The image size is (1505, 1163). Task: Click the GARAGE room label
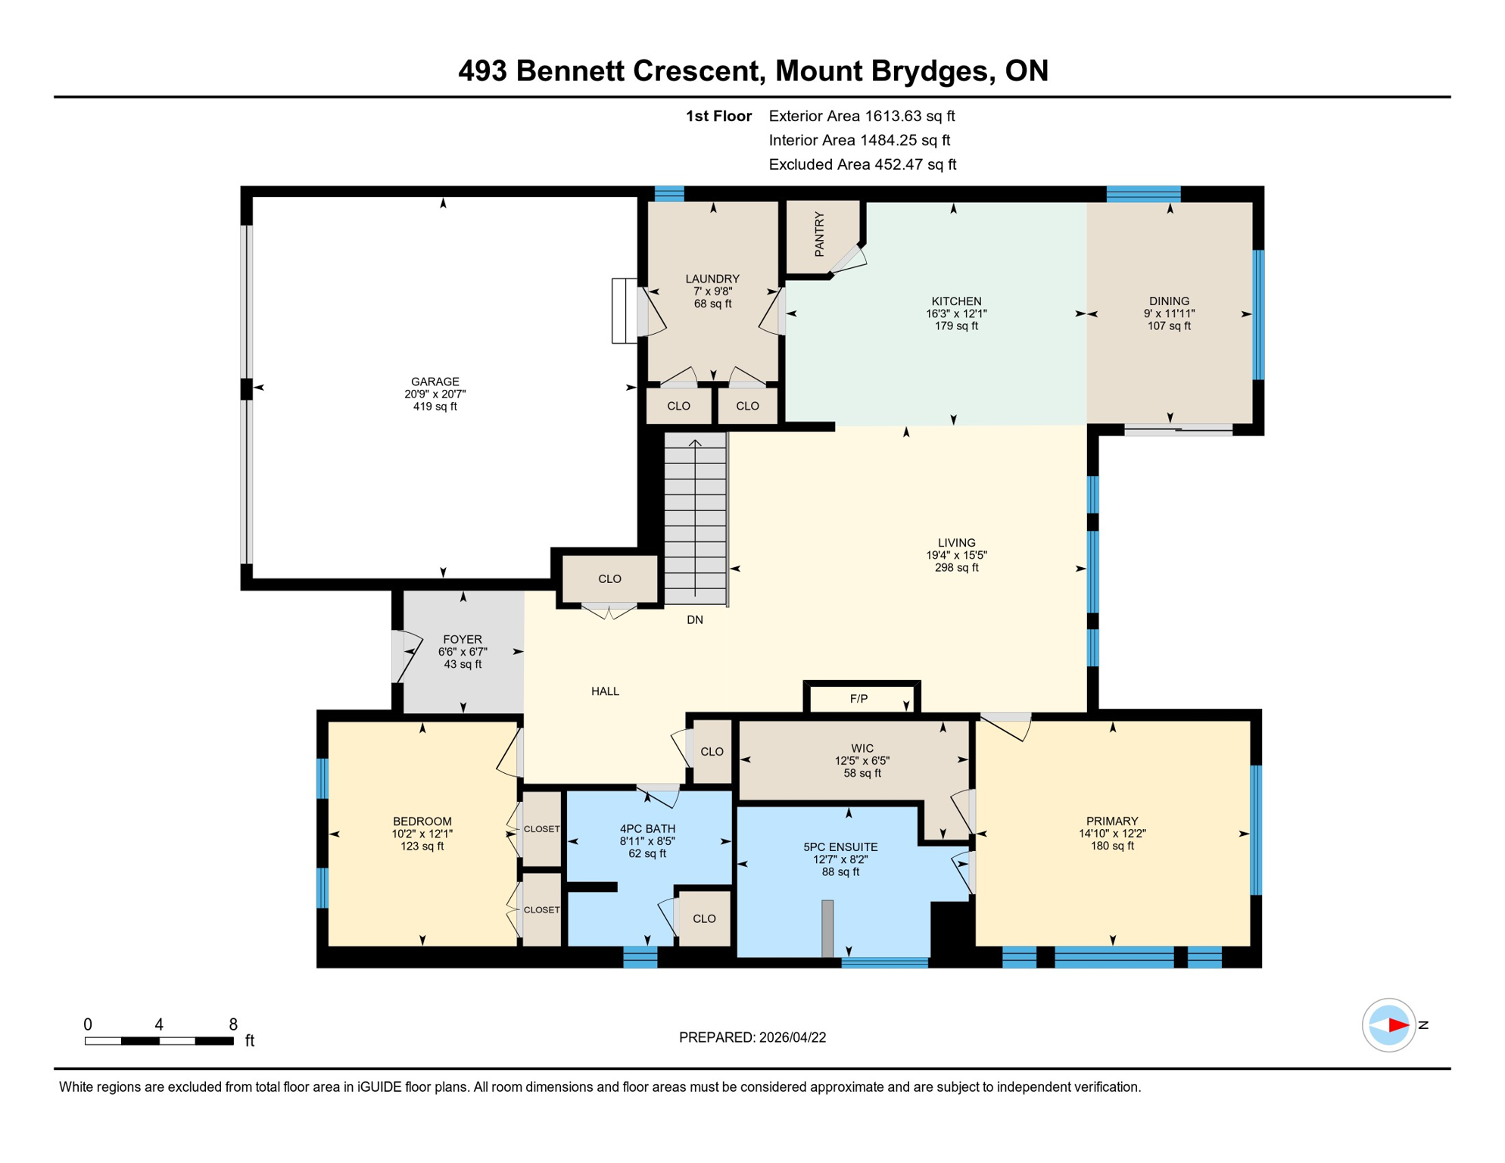coord(435,382)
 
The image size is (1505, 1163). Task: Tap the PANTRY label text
coord(819,235)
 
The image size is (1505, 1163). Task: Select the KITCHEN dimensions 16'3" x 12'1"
coord(956,313)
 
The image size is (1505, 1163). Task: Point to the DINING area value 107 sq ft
coord(1169,326)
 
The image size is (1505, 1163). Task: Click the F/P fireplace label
coord(858,699)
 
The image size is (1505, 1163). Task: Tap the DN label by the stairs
coord(695,620)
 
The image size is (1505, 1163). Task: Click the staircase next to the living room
coord(695,519)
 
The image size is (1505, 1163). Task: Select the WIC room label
coord(862,748)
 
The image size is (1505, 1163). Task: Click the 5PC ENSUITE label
coord(840,847)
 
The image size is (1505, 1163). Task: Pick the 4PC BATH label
coord(647,829)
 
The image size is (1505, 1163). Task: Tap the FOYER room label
coord(462,640)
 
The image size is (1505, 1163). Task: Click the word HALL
coord(605,691)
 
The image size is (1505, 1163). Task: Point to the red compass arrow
coord(1397,1025)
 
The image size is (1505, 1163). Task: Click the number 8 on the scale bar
coord(233,1024)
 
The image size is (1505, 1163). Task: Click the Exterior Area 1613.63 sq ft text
coord(862,116)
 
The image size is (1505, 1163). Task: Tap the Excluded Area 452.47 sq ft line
coord(862,164)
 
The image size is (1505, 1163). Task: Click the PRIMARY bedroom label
coord(1111,821)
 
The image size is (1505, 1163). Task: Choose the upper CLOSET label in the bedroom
coord(542,829)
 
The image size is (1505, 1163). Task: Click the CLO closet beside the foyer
coord(609,579)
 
